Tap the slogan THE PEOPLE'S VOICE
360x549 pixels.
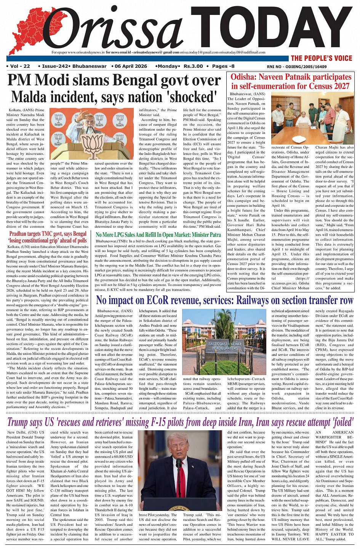click(x=322, y=58)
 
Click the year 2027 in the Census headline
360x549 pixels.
click(x=338, y=86)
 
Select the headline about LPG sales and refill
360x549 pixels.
click(x=158, y=235)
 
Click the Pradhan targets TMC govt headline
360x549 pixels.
click(x=48, y=237)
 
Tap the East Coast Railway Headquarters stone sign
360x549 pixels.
click(x=225, y=346)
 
